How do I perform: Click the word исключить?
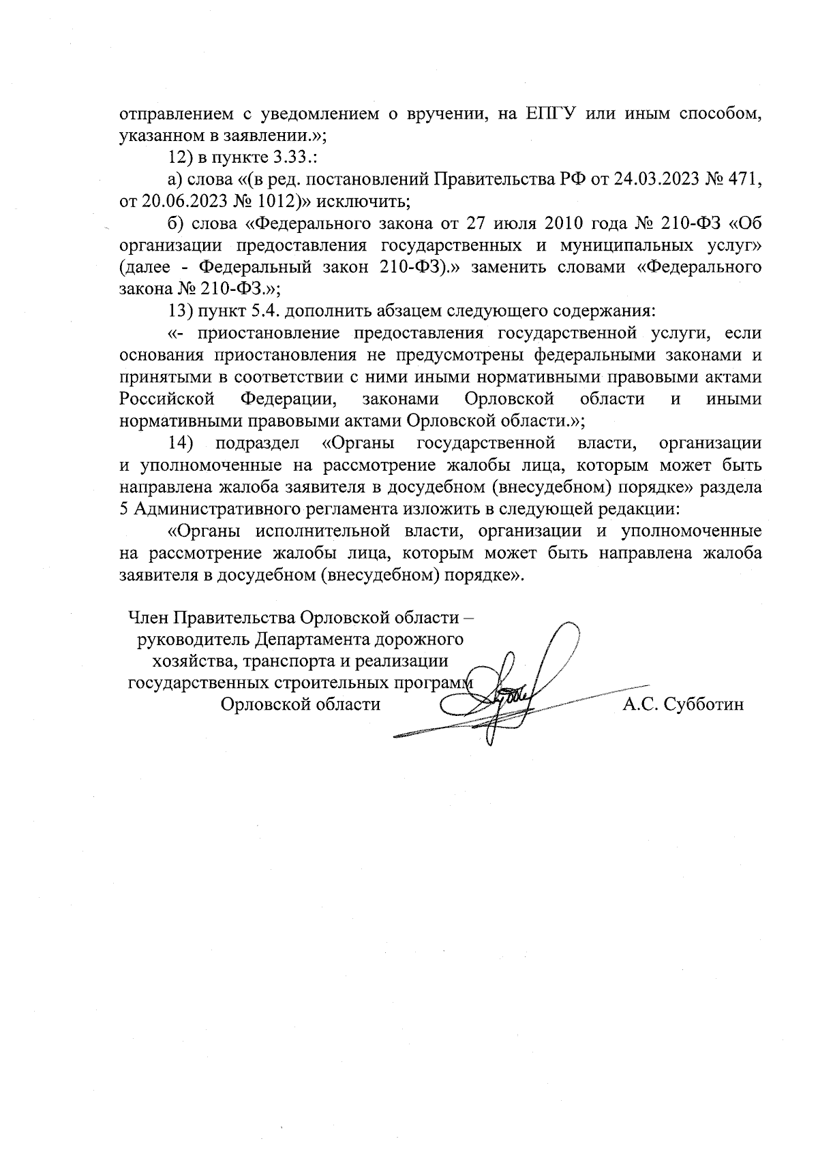(x=359, y=202)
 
